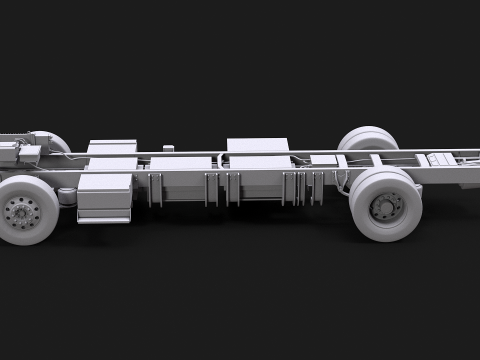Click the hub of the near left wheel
(x=18, y=211)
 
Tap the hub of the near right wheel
(x=384, y=207)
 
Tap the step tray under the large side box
(x=104, y=217)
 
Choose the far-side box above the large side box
(x=111, y=149)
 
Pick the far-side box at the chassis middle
(x=258, y=147)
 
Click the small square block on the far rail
(x=168, y=149)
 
